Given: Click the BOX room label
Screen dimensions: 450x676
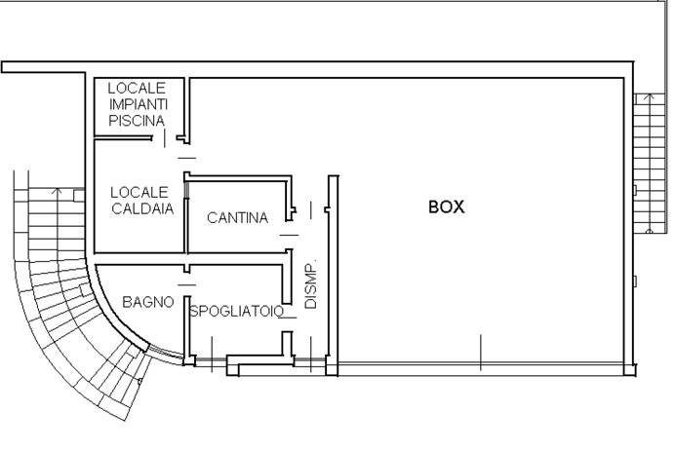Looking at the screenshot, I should (x=446, y=207).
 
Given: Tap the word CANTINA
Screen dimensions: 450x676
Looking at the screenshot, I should (x=237, y=218).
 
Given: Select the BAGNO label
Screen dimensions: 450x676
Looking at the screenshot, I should (x=148, y=303).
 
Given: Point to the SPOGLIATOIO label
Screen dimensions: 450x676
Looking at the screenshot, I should (x=236, y=312).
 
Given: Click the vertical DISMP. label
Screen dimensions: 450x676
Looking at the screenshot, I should (x=311, y=285).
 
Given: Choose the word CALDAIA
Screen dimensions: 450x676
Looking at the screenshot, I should (x=140, y=208).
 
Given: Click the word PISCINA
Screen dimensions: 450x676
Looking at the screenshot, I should (x=136, y=121).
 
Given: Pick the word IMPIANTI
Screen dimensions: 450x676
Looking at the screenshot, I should (x=137, y=104).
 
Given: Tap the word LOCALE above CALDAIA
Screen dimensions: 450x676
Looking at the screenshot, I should (x=139, y=192).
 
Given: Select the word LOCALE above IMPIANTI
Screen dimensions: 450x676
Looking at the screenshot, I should (x=137, y=88).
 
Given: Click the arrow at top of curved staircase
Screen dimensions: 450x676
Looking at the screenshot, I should (x=57, y=191).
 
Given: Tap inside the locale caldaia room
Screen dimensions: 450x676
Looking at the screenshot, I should (x=137, y=234).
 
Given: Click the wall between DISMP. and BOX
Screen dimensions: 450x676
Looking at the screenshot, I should (x=333, y=273).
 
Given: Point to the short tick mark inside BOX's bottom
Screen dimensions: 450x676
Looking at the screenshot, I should (x=481, y=346).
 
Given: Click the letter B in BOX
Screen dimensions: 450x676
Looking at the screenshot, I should (x=434, y=207).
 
